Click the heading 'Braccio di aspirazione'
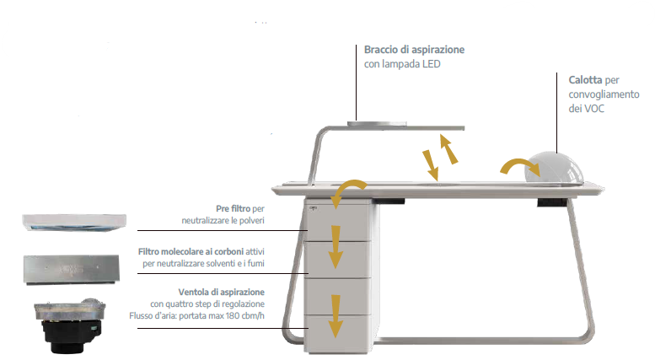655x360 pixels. pyautogui.click(x=414, y=50)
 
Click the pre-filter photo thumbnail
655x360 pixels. pyautogui.click(x=74, y=222)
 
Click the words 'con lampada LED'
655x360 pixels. pyautogui.click(x=403, y=65)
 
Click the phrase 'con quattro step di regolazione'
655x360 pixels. pyautogui.click(x=207, y=304)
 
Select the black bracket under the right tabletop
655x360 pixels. pyautogui.click(x=551, y=202)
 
